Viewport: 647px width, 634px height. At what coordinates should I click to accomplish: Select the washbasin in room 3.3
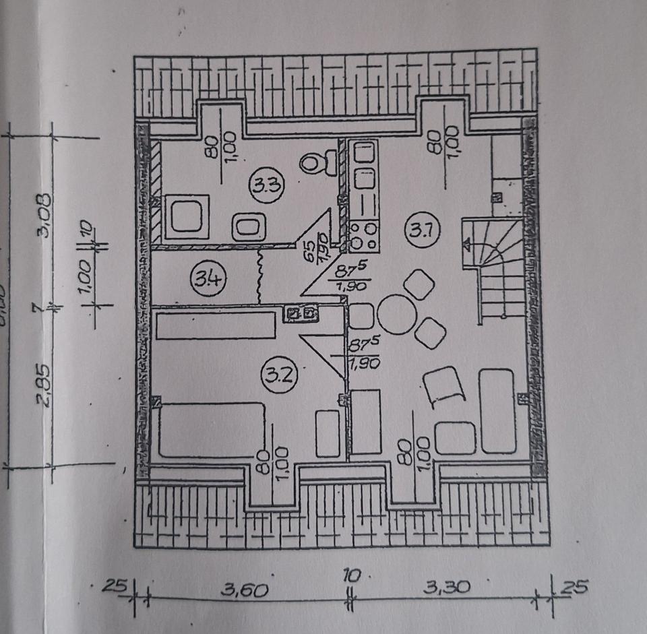[248, 226]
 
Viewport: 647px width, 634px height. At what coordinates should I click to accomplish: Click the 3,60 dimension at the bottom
[246, 591]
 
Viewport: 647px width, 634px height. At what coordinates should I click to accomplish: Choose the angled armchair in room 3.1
[445, 387]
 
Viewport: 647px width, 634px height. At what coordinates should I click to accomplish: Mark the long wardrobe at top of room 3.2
[216, 325]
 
